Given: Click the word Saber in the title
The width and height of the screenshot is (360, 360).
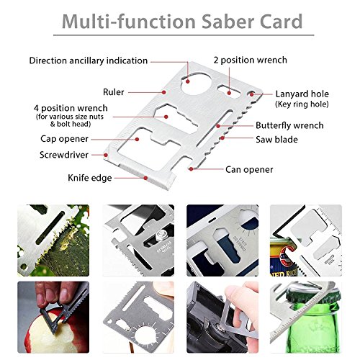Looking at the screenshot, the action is coord(228,22).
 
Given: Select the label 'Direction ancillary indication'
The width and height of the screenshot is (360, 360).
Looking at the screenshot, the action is coord(89,60).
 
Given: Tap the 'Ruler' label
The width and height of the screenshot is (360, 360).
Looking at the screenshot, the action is coord(114,92).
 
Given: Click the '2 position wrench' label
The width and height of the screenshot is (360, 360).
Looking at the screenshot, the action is coord(251,60).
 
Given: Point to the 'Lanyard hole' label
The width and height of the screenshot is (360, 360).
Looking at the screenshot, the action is coord(302,94).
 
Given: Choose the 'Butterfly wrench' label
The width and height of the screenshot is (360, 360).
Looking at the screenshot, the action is coord(289,125).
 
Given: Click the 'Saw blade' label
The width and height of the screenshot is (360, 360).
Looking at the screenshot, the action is coord(276,140).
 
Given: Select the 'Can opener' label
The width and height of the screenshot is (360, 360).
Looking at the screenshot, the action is coord(249,170).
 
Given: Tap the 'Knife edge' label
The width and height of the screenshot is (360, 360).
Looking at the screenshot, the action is coord(90,178).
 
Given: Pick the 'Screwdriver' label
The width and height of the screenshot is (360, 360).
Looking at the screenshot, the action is coord(64,155).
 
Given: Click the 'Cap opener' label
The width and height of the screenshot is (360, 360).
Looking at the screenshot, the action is coord(64,139).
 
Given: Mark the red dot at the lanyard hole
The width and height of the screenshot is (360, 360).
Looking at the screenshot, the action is coord(251,94).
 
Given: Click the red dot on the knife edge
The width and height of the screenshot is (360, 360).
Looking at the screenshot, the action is coord(145,178).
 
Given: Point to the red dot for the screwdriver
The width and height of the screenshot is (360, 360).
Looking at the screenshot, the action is coord(106,155).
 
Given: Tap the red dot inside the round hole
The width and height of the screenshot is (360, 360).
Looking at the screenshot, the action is coord(188,81).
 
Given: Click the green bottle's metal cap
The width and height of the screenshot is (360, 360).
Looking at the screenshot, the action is coord(303,293).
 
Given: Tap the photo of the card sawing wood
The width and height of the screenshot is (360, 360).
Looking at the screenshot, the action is coord(53,240).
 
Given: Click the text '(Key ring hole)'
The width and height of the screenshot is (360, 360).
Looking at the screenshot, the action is coord(302,104).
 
